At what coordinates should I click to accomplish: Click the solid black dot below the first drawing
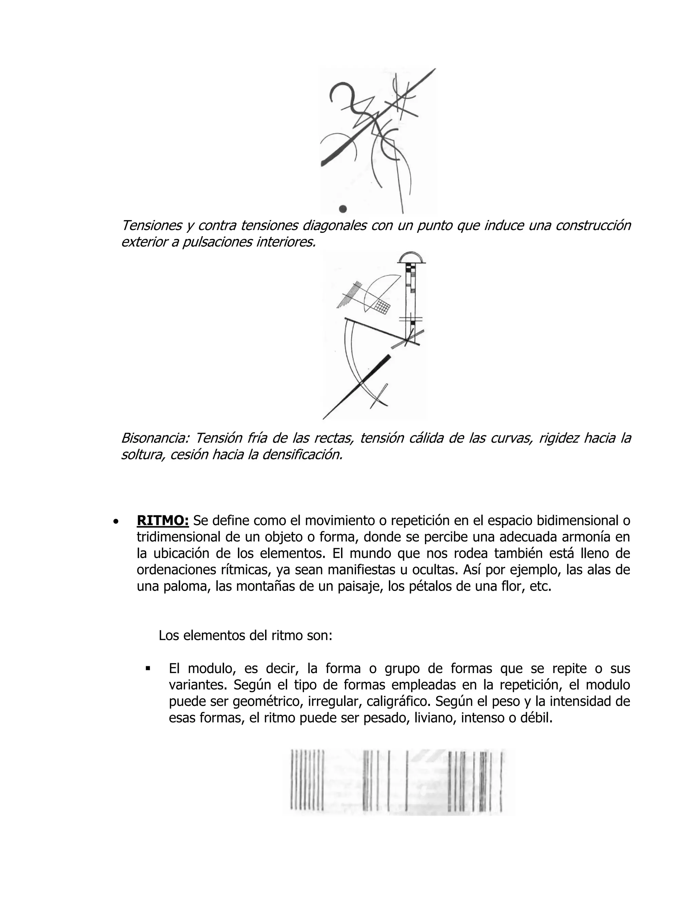342,209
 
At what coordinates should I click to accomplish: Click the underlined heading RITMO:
163,520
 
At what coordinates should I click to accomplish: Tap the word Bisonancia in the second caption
154,438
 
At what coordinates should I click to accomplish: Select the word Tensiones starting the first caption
151,225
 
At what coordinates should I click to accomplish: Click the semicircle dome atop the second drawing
411,258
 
